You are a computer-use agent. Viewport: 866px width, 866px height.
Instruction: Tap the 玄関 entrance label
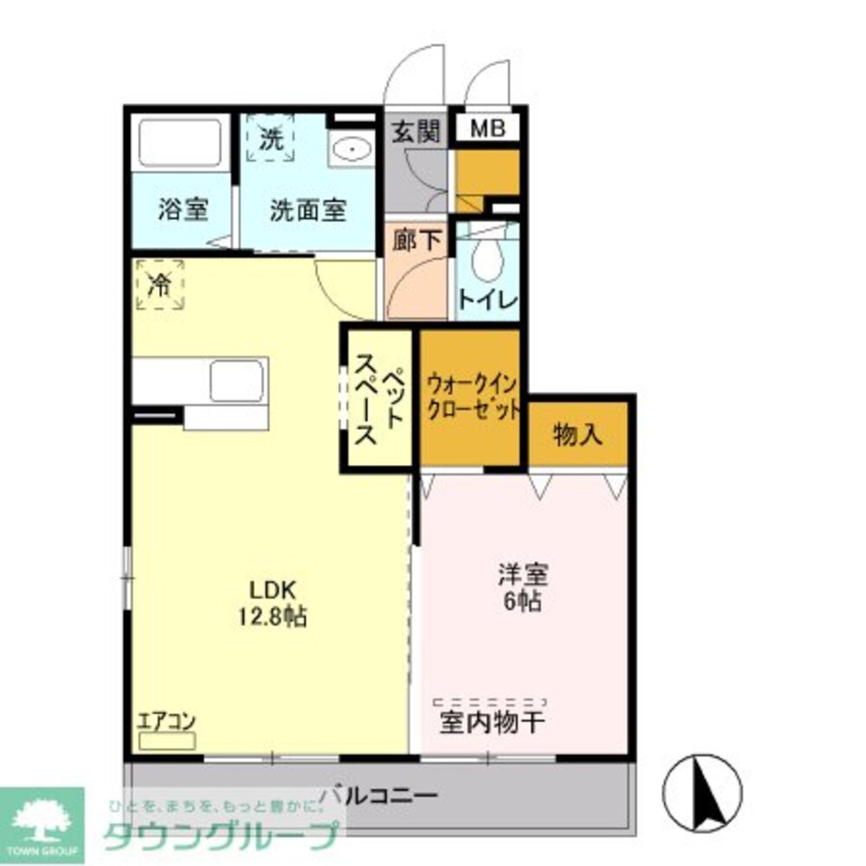[x=416, y=132]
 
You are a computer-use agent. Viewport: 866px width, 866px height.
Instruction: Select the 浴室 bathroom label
[x=183, y=210]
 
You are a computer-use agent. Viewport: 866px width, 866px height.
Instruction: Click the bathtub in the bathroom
[x=180, y=143]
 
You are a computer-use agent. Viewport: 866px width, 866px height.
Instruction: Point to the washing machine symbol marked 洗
[x=272, y=140]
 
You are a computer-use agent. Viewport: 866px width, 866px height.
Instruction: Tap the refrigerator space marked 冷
[x=159, y=285]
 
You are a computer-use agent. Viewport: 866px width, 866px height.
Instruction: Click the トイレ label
[x=488, y=301]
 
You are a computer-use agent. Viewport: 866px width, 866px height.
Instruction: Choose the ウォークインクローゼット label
[x=473, y=394]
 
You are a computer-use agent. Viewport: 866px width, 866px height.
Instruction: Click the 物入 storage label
[x=577, y=435]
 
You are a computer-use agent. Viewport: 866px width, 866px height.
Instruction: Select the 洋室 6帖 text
[x=522, y=588]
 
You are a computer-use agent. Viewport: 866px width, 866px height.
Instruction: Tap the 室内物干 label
[x=493, y=721]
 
